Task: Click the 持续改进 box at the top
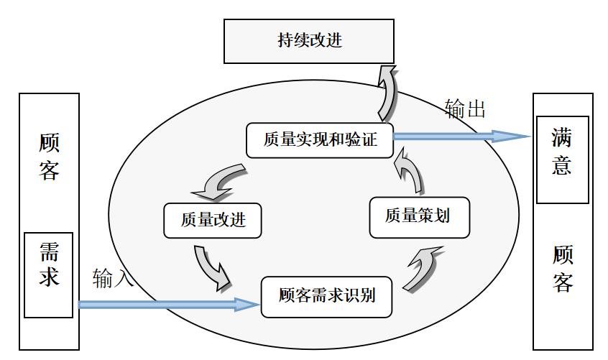pyautogui.click(x=309, y=41)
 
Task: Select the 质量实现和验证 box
pyautogui.click(x=320, y=139)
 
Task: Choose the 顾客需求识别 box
pyautogui.click(x=326, y=296)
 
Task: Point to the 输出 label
pyautogui.click(x=465, y=109)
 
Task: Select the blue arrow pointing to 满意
pyautogui.click(x=460, y=136)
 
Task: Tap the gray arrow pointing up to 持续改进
pyautogui.click(x=387, y=93)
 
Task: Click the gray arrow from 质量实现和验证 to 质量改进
pyautogui.click(x=221, y=182)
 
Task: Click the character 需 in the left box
pyautogui.click(x=49, y=251)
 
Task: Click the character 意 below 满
pyautogui.click(x=561, y=165)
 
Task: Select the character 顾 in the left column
pyautogui.click(x=49, y=142)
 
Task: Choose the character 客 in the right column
pyautogui.click(x=563, y=282)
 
